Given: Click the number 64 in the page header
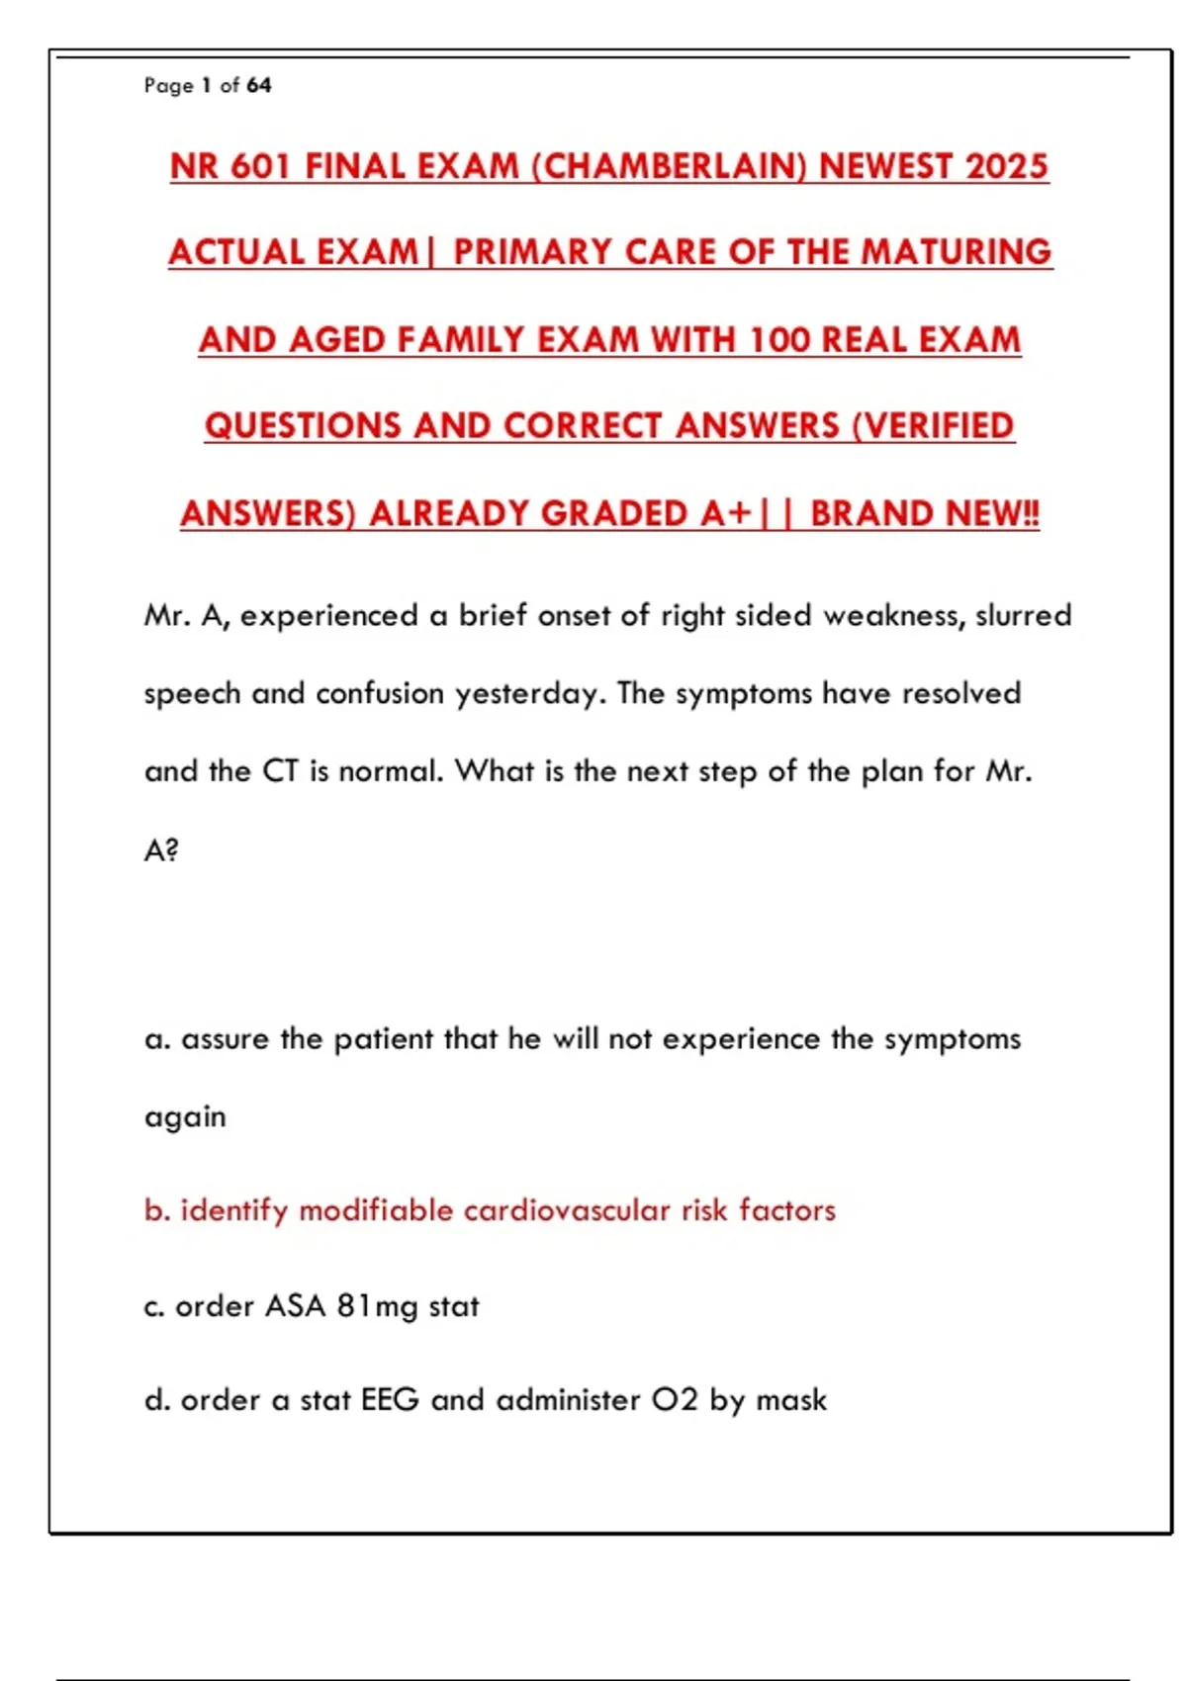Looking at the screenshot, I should click(258, 85).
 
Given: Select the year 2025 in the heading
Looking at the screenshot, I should click(1006, 166).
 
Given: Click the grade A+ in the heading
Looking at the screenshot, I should click(727, 513).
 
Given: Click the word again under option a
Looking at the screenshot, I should click(185, 1116).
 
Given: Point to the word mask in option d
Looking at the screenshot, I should click(791, 1400).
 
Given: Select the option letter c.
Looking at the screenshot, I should click(153, 1306).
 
